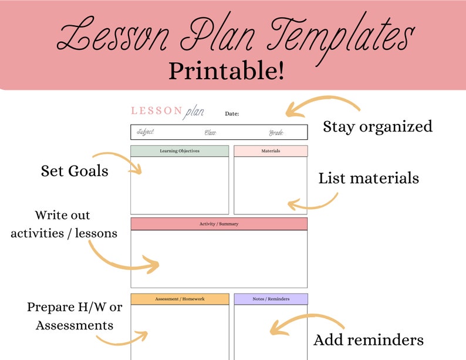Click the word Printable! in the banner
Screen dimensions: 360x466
(x=227, y=70)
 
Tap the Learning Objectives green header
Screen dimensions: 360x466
(x=180, y=151)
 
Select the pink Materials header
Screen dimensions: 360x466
(x=271, y=151)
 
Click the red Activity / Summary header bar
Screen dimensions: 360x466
(x=219, y=224)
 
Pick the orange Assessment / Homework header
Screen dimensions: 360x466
(x=180, y=299)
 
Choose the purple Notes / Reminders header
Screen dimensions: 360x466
(x=271, y=299)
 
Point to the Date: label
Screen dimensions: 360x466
(x=232, y=113)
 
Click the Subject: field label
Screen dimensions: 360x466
(x=146, y=132)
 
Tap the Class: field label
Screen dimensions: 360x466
(x=211, y=133)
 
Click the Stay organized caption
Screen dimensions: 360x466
(x=377, y=126)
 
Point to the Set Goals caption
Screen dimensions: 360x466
(x=75, y=171)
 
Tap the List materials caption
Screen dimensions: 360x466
(x=369, y=178)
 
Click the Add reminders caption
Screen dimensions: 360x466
(x=369, y=339)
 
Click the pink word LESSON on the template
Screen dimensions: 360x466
(x=156, y=110)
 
